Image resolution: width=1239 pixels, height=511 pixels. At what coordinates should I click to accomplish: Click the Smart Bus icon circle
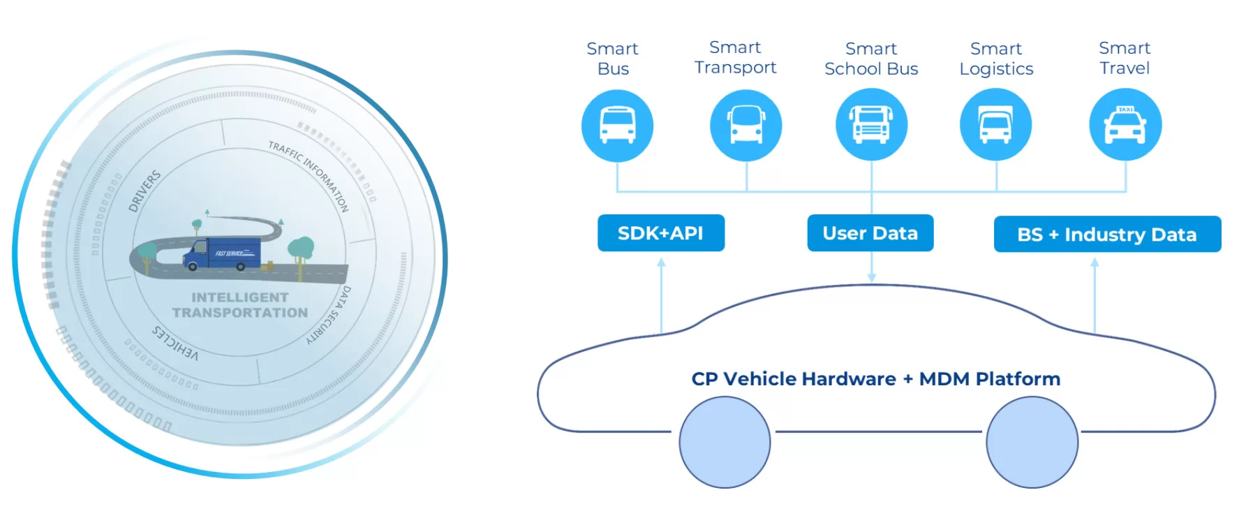pyautogui.click(x=617, y=126)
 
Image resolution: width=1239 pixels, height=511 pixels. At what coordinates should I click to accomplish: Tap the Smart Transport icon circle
pyautogui.click(x=745, y=126)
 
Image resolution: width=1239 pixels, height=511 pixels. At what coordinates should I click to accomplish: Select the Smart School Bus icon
pyautogui.click(x=871, y=125)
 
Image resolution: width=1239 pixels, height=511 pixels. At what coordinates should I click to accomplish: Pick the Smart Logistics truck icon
pyautogui.click(x=995, y=125)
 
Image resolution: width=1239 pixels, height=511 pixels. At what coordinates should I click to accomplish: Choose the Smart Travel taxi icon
pyautogui.click(x=1125, y=125)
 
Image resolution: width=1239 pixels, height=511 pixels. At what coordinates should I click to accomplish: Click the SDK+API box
pyautogui.click(x=660, y=233)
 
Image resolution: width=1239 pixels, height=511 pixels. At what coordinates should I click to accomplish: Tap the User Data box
pyautogui.click(x=870, y=233)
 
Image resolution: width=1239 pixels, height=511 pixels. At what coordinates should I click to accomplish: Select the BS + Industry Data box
pyautogui.click(x=1107, y=235)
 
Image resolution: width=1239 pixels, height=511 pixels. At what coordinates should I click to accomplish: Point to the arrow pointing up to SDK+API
pyautogui.click(x=661, y=293)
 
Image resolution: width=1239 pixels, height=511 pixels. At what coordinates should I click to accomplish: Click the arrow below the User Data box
pyautogui.click(x=871, y=269)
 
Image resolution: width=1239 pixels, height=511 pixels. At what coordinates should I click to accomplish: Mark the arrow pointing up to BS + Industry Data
pyautogui.click(x=1095, y=293)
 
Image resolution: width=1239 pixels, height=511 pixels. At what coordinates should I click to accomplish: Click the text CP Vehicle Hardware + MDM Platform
pyautogui.click(x=875, y=379)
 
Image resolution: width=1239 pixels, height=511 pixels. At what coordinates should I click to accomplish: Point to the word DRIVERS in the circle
pyautogui.click(x=144, y=191)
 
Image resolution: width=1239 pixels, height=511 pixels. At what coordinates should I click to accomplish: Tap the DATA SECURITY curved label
pyautogui.click(x=330, y=314)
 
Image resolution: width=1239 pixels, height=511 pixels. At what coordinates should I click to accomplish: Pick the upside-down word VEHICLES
pyautogui.click(x=175, y=342)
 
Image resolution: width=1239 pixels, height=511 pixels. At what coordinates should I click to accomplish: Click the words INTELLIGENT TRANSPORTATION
pyautogui.click(x=239, y=305)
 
